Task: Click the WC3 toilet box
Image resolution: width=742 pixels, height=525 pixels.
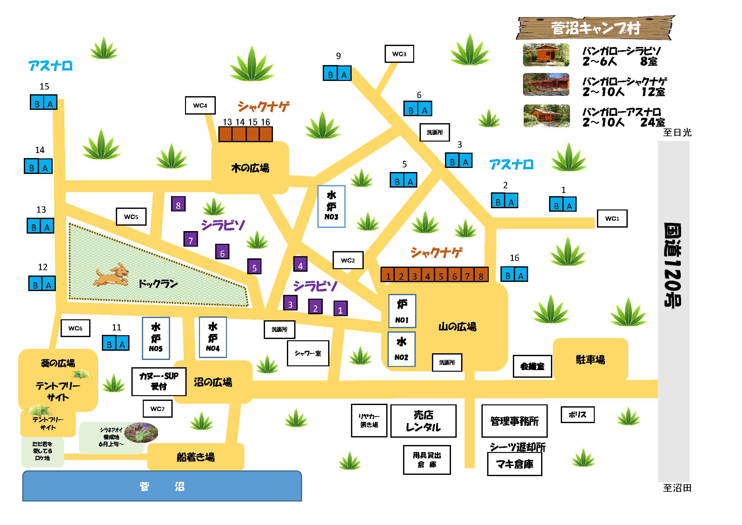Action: coord(399,54)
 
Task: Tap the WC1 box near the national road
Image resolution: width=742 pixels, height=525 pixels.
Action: coord(612,218)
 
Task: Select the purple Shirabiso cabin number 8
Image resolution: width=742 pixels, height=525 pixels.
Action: coord(178,204)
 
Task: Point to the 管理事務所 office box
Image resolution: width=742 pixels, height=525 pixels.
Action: coord(514,421)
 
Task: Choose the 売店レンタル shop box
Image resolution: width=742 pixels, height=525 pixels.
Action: coord(423,421)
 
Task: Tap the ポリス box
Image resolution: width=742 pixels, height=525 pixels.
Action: coord(577,415)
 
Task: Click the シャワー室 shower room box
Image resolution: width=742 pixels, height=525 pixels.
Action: coord(308,353)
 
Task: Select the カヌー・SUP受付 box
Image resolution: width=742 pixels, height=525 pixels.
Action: coord(159,382)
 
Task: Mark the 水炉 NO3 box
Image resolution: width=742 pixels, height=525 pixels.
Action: coord(331,206)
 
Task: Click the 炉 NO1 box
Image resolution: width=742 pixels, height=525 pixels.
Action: coord(402,311)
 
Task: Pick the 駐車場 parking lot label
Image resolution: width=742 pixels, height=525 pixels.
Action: coord(590,360)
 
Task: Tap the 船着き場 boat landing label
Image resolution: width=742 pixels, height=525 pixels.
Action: coord(195,457)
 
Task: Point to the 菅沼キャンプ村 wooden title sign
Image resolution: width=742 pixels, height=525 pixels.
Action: coord(595,29)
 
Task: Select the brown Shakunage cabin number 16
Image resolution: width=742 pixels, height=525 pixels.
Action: coord(266,134)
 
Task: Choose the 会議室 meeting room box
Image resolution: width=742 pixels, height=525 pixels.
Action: coord(532,366)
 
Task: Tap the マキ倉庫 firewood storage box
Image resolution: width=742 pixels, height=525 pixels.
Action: coord(514,464)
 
